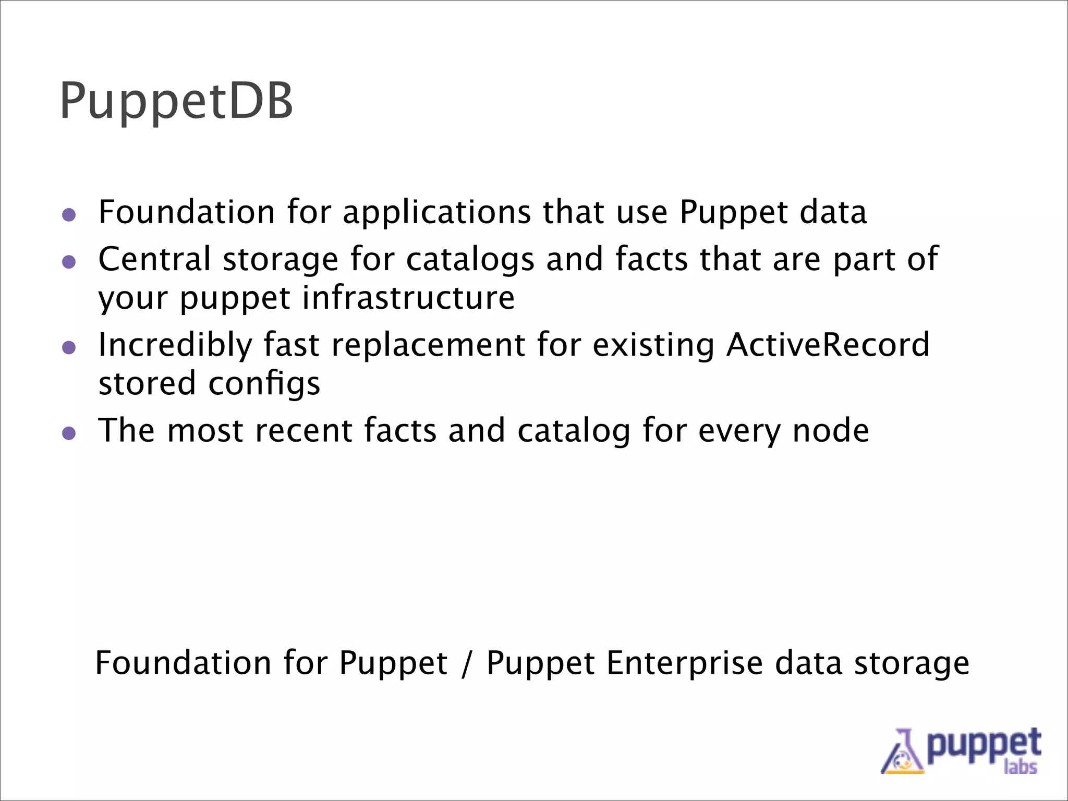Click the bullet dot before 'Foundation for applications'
pyautogui.click(x=69, y=215)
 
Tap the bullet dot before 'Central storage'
pyautogui.click(x=69, y=262)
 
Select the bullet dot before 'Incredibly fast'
pyautogui.click(x=69, y=347)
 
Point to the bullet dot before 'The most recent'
pyautogui.click(x=69, y=433)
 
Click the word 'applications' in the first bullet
pyautogui.click(x=437, y=213)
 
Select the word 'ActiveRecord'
pyautogui.click(x=828, y=345)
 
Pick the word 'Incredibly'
pyautogui.click(x=175, y=345)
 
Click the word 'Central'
pyautogui.click(x=154, y=259)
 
